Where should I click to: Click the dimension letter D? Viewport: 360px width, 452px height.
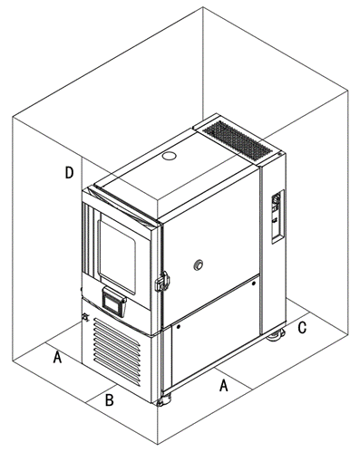(69, 172)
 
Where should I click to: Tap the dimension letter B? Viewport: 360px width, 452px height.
(109, 399)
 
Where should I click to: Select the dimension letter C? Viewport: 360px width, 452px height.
(302, 327)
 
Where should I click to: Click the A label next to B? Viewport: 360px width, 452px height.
(57, 357)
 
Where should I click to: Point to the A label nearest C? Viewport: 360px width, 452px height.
(223, 385)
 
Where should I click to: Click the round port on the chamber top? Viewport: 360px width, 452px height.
(169, 156)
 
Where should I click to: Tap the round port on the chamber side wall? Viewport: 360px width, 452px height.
(199, 264)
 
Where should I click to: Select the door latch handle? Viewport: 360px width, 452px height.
(162, 282)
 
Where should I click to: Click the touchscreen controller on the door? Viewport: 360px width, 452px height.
(114, 302)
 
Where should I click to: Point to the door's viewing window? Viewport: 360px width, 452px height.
(117, 253)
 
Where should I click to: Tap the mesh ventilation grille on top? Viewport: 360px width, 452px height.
(238, 140)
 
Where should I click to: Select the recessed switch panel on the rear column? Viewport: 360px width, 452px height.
(277, 216)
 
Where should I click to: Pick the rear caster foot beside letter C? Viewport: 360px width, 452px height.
(276, 335)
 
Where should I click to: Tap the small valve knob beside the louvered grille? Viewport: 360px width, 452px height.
(85, 317)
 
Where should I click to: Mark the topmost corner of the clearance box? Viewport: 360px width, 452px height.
(203, 7)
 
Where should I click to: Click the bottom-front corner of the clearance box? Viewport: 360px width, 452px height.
(158, 444)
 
